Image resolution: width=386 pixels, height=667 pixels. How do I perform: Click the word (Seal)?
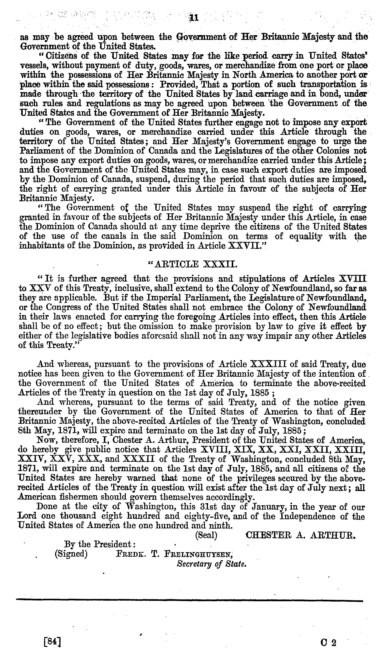[x=206, y=535]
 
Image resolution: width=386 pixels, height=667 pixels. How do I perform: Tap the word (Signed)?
[x=71, y=554]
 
